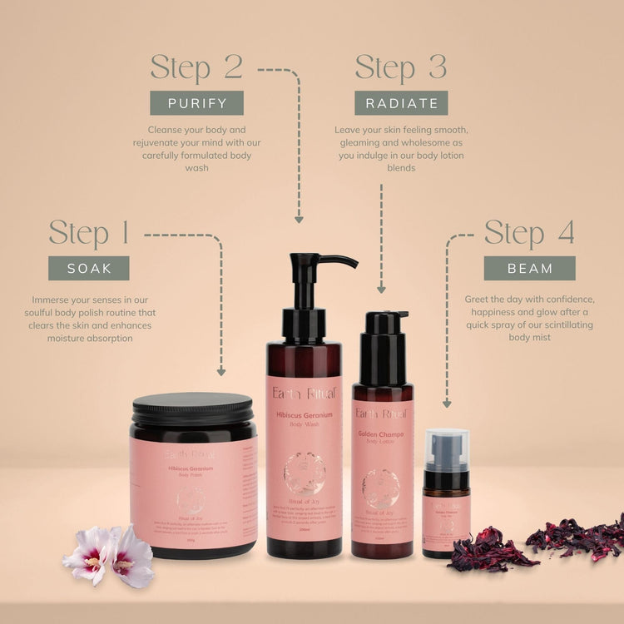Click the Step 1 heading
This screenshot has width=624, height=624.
tap(89, 234)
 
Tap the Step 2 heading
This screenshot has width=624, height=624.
tap(196, 68)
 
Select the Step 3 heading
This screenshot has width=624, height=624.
tap(401, 68)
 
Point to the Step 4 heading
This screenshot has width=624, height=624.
tap(529, 234)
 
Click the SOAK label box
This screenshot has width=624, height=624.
tap(88, 268)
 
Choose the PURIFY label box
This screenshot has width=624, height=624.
tap(196, 103)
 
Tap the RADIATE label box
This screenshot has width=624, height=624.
tap(401, 103)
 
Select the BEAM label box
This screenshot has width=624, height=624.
tap(530, 268)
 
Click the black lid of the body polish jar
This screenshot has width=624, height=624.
tap(192, 409)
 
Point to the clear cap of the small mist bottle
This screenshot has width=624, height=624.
tap(446, 449)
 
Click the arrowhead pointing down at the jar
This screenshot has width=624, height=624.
tap(221, 372)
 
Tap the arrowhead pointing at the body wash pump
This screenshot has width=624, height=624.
tap(298, 219)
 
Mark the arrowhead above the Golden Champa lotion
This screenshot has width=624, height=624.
tap(381, 289)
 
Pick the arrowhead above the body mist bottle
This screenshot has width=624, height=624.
tap(447, 403)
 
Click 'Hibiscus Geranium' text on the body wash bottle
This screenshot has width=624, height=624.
tap(305, 414)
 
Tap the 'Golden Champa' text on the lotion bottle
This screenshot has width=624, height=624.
tap(382, 434)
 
